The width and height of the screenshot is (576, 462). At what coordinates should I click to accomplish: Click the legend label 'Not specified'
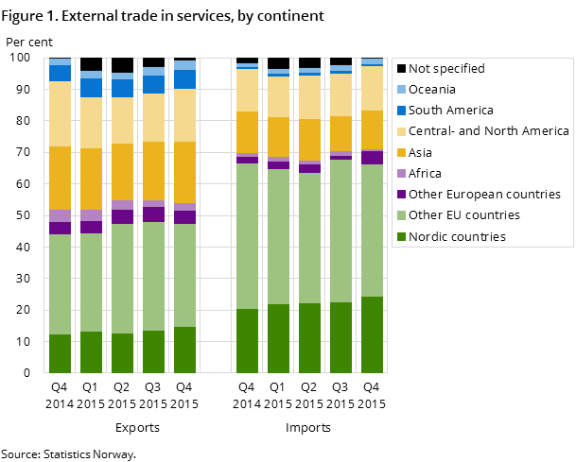(x=446, y=69)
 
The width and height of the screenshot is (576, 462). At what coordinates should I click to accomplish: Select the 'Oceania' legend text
(x=432, y=90)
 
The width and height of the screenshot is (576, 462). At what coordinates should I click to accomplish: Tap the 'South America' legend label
(x=451, y=111)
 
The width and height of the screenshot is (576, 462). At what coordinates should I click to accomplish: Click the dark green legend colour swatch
(x=401, y=236)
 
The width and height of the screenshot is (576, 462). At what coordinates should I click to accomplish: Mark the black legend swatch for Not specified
(x=401, y=69)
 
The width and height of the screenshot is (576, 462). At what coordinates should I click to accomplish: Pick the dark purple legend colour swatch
(x=401, y=195)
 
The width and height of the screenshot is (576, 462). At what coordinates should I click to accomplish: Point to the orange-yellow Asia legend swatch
(x=401, y=152)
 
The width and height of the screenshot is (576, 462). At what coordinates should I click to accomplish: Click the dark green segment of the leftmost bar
(x=60, y=353)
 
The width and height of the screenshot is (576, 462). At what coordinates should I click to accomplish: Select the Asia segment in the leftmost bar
(x=60, y=178)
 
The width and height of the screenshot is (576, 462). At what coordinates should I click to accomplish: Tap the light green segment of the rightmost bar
(x=373, y=231)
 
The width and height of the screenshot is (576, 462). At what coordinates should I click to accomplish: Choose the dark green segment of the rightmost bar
(x=373, y=334)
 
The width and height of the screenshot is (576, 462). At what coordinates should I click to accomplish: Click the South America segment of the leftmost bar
(x=60, y=73)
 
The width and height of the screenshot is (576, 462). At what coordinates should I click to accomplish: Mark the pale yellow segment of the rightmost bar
(x=373, y=88)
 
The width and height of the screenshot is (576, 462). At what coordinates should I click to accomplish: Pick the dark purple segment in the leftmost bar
(x=60, y=228)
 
